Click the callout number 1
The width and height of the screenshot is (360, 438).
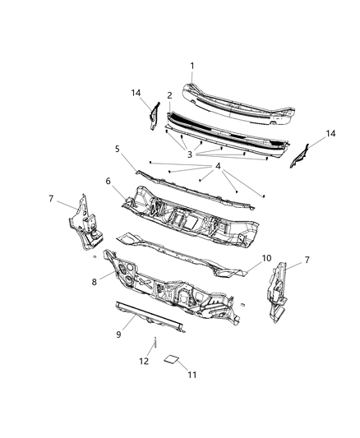pos(192,66)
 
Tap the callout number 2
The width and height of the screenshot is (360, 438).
pos(169,96)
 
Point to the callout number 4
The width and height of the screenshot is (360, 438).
pos(219,167)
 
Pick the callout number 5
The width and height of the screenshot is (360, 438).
pos(118,149)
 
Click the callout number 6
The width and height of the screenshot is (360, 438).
pos(108,181)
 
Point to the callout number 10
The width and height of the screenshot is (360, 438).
pos(266,258)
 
